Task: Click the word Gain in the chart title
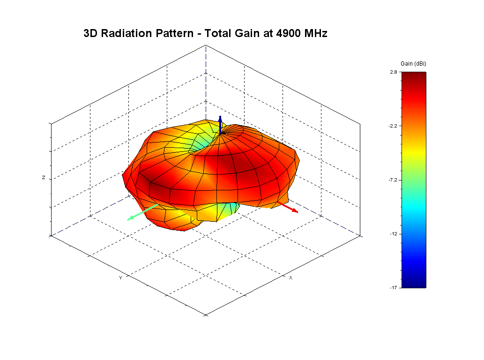click(250, 34)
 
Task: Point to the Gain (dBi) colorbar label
click(413, 63)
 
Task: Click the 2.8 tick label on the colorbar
click(393, 72)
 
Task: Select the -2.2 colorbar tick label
click(392, 126)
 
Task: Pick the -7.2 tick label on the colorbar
click(392, 180)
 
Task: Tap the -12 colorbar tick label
click(393, 233)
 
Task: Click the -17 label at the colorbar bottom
click(393, 287)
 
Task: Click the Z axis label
click(44, 178)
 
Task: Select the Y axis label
click(120, 278)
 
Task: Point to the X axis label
click(290, 278)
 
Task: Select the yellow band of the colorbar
click(414, 149)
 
